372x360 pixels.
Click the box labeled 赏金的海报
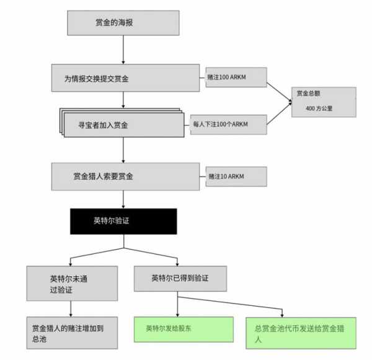pyautogui.click(x=123, y=23)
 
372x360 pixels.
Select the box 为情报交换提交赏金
pyautogui.click(x=125, y=78)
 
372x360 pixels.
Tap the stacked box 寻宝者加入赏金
pyautogui.click(x=122, y=124)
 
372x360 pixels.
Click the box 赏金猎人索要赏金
pyautogui.click(x=125, y=176)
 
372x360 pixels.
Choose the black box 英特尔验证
pyautogui.click(x=123, y=222)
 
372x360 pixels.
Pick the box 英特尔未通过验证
pyautogui.click(x=72, y=283)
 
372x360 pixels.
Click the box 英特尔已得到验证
pyautogui.click(x=180, y=279)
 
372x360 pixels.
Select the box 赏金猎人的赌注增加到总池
pyautogui.click(x=72, y=333)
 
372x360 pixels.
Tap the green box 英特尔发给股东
pyautogui.click(x=184, y=330)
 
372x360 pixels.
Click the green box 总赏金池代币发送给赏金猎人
pyautogui.click(x=301, y=333)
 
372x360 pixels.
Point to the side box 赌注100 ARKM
pyautogui.click(x=236, y=77)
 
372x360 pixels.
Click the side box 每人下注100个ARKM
pyautogui.click(x=228, y=124)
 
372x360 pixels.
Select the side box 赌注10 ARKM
pyautogui.click(x=236, y=176)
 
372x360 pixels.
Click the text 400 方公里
pyautogui.click(x=319, y=109)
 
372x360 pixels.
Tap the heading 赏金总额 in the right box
pyautogui.click(x=308, y=93)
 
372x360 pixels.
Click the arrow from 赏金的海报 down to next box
pyautogui.click(x=123, y=50)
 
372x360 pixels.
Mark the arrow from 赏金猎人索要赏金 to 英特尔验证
pyautogui.click(x=123, y=199)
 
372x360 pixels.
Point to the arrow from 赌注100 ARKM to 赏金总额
pyautogui.click(x=279, y=92)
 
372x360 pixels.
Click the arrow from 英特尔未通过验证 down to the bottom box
pyautogui.click(x=71, y=308)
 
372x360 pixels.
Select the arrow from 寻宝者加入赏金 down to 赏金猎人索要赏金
pyautogui.click(x=123, y=150)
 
